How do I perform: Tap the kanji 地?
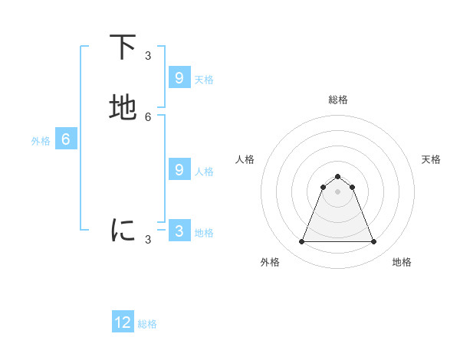pos(123,108)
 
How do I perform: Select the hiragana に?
pos(123,230)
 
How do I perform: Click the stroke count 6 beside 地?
pos(148,116)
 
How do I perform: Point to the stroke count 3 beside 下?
pos(148,55)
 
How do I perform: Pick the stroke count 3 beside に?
pos(148,239)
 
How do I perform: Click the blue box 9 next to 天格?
pos(179,78)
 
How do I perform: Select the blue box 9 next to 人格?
pos(179,170)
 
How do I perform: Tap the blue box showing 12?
pos(123,322)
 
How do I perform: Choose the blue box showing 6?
pos(66,139)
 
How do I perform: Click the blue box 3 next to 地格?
pos(179,231)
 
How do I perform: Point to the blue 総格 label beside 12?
pos(147,324)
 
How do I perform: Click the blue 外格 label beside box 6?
pos(41,141)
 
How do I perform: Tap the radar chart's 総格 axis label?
pos(338,100)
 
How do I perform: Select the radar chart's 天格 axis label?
pos(431,159)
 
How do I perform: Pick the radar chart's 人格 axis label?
pos(245,159)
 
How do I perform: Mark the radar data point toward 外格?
pos(301,242)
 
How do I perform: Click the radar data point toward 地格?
pos(373,242)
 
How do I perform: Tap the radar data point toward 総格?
pos(337,176)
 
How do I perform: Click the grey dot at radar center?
pos(337,191)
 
